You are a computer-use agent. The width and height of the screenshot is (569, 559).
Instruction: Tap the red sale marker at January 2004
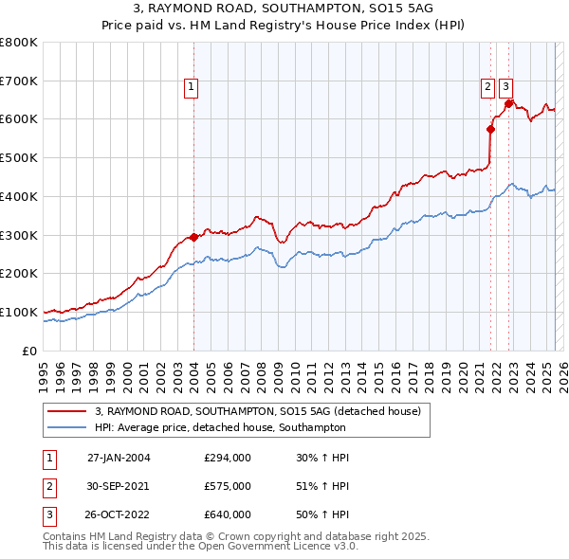(x=193, y=237)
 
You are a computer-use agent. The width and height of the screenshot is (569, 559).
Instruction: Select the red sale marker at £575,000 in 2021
(x=491, y=129)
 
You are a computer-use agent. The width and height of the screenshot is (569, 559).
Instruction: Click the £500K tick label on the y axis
(x=19, y=157)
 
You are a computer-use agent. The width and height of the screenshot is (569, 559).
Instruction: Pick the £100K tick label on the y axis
(x=19, y=312)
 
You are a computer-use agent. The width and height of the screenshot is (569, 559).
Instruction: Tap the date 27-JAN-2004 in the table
(x=119, y=458)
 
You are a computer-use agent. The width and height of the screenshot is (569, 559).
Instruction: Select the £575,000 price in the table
(x=228, y=486)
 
